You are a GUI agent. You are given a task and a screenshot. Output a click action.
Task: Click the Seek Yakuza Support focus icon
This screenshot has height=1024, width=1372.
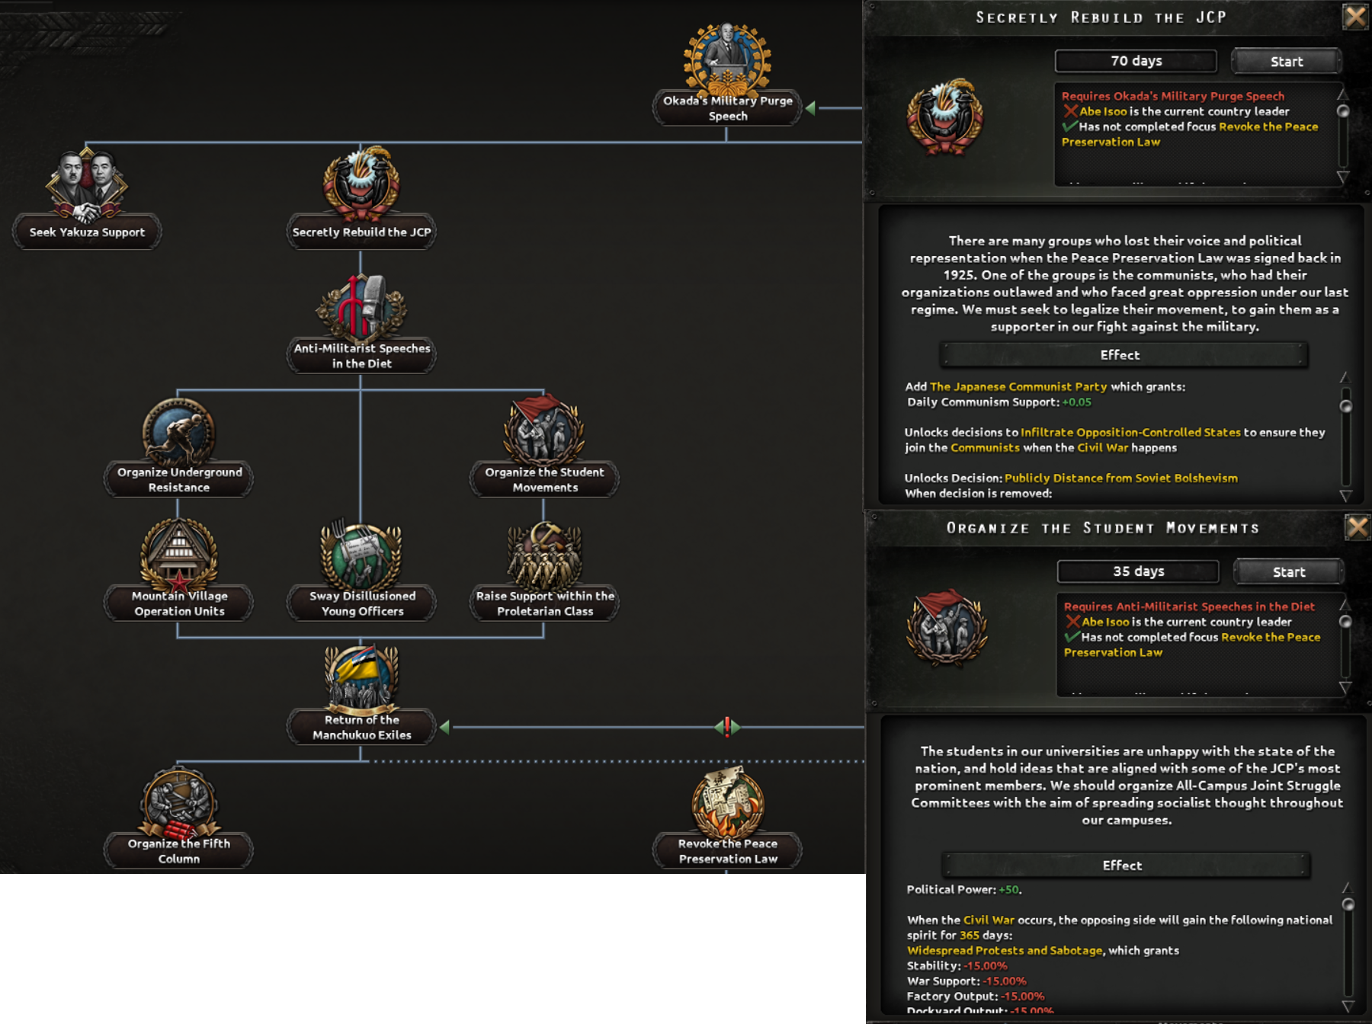(x=86, y=184)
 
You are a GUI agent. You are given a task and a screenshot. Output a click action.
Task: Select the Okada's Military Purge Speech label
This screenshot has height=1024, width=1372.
(x=727, y=108)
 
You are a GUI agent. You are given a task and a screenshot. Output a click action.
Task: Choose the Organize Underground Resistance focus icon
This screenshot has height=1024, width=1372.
(x=178, y=431)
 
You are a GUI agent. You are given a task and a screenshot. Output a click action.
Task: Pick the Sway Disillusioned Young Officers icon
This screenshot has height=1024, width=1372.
(x=361, y=555)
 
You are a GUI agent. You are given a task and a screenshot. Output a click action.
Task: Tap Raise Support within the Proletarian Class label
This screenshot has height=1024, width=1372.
(x=544, y=603)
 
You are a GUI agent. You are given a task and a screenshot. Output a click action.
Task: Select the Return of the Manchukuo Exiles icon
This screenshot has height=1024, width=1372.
(x=361, y=677)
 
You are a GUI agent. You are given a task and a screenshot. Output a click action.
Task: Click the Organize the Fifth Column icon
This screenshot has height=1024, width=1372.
(x=178, y=802)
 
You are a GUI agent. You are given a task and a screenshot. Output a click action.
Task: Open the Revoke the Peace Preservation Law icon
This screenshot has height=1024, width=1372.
(x=727, y=802)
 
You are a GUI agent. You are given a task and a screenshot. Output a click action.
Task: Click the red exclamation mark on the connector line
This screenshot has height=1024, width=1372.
(x=727, y=727)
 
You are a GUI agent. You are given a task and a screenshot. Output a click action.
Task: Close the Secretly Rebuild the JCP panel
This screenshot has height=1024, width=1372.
(x=1355, y=16)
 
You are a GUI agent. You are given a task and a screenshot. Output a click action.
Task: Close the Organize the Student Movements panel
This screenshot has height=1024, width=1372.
(x=1357, y=527)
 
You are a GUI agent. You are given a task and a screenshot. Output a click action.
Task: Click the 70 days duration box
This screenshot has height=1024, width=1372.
(x=1136, y=61)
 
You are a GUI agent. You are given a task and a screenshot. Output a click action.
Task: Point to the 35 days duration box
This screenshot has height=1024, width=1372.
(x=1138, y=571)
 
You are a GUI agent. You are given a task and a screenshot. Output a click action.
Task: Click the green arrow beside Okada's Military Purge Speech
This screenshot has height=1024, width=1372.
(x=811, y=108)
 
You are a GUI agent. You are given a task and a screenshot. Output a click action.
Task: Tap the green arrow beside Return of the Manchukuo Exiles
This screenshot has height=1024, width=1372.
(x=445, y=727)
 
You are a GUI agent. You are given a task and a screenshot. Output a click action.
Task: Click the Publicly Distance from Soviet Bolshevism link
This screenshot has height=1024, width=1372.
(x=1120, y=478)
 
